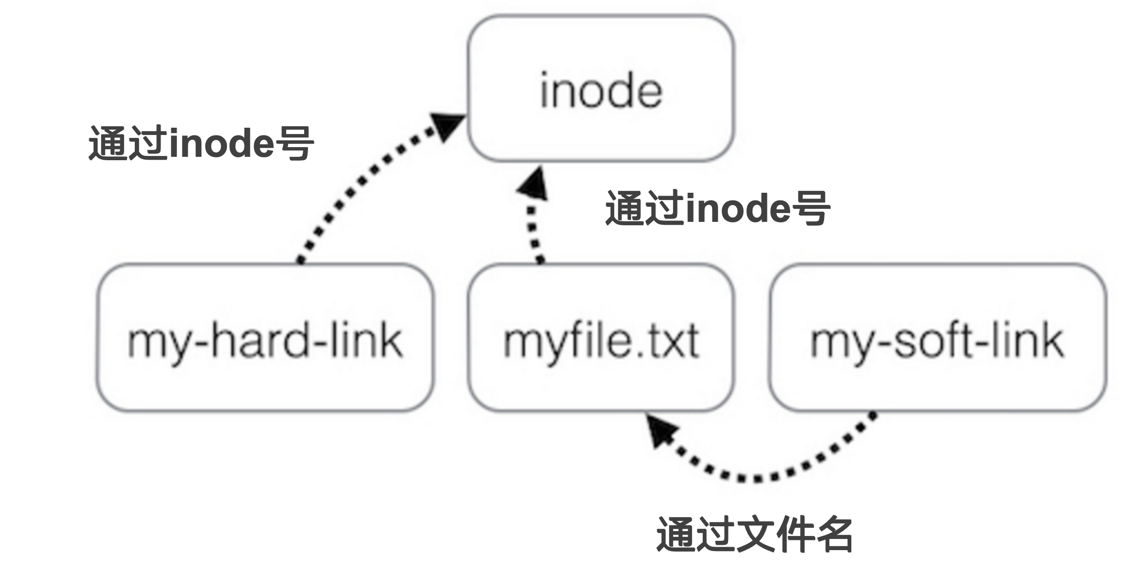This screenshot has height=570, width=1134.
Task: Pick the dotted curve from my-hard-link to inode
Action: tap(349, 194)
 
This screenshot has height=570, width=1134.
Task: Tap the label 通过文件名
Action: tap(754, 535)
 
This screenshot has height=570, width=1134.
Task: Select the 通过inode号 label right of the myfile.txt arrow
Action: tap(718, 208)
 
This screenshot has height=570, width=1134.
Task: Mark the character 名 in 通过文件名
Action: tap(833, 535)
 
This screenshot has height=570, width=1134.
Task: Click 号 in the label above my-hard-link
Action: tap(293, 143)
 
